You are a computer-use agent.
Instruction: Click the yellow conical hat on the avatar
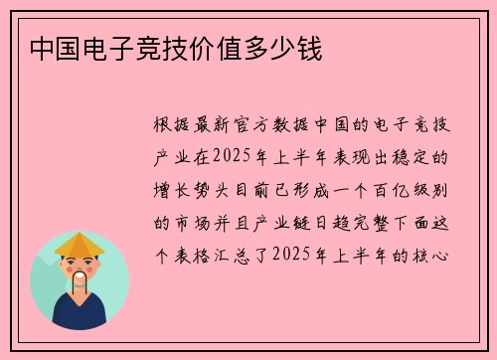click(80, 245)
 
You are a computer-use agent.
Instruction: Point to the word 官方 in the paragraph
click(264, 127)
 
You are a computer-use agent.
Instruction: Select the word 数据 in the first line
click(309, 127)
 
